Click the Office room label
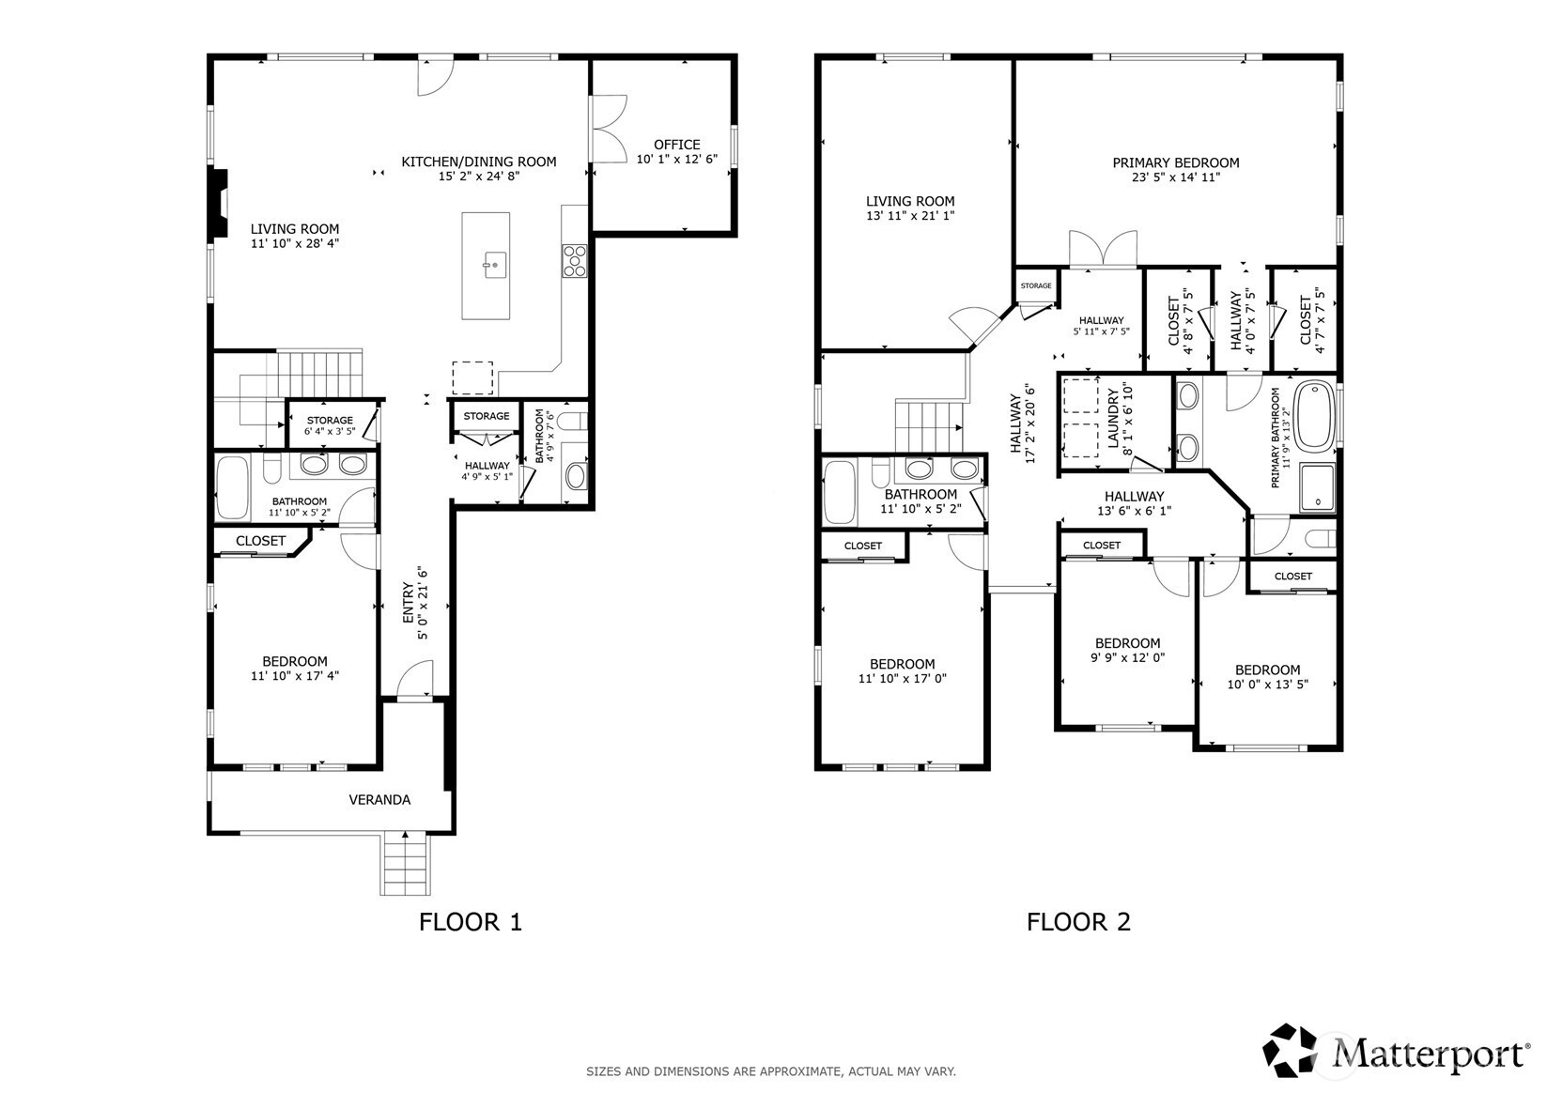coord(677,145)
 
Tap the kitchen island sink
coord(495,265)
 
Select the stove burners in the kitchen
coord(575,261)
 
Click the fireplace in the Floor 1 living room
coord(219,204)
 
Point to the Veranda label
coord(379,799)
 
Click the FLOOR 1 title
coord(471,922)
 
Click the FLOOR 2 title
coord(1078,922)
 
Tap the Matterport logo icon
coord(1290,1050)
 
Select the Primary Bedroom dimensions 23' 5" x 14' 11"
coord(1175,177)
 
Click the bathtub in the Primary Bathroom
coord(1314,416)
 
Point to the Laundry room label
coord(1113,418)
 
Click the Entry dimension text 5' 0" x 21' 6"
coord(423,604)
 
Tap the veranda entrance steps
coord(405,864)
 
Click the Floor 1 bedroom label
coord(295,661)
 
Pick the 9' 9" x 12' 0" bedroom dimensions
coord(1128,658)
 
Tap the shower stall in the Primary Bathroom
coord(1317,488)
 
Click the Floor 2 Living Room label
coord(910,201)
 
